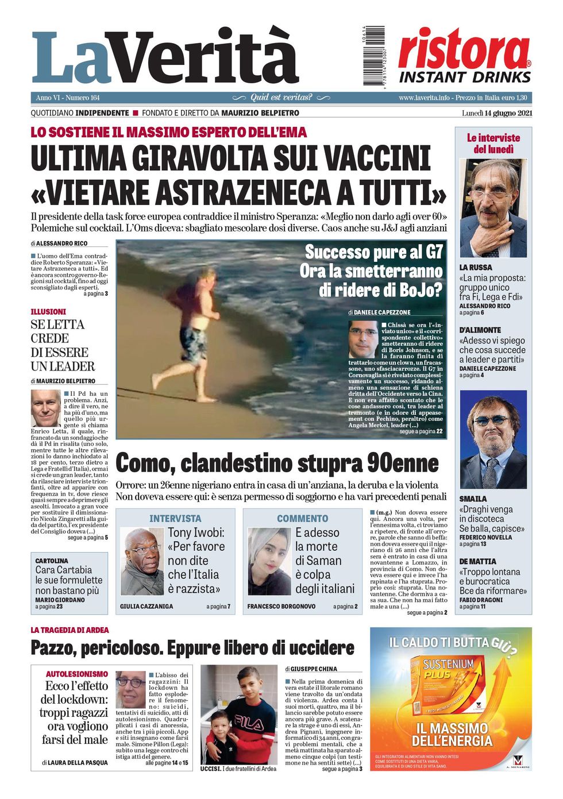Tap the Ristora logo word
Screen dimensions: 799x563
tap(464, 50)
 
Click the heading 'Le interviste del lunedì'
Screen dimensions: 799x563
tap(493, 144)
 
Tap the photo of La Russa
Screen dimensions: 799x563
tap(493, 209)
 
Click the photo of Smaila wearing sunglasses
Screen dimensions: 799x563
tap(493, 439)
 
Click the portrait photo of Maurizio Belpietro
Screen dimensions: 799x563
tap(46, 408)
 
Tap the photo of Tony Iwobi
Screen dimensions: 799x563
tap(142, 562)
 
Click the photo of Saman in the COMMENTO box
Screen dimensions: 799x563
tap(269, 562)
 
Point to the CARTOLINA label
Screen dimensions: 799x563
tap(52, 561)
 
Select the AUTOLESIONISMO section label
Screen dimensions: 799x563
tap(77, 674)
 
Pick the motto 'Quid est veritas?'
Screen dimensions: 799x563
tap(281, 98)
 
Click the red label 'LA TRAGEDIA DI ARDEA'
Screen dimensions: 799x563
tap(70, 630)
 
